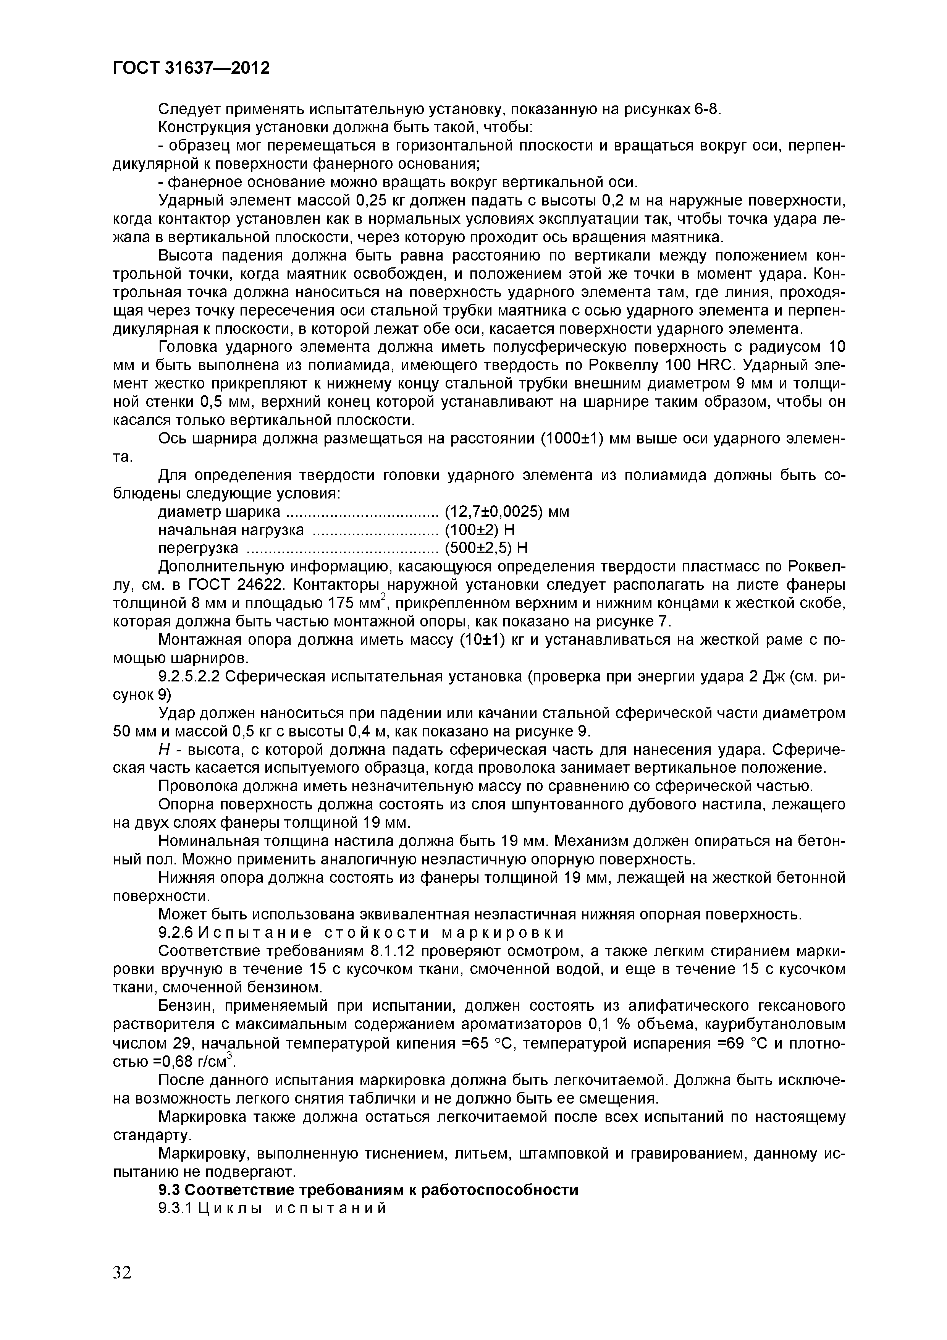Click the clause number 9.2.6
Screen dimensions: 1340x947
tap(175, 932)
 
